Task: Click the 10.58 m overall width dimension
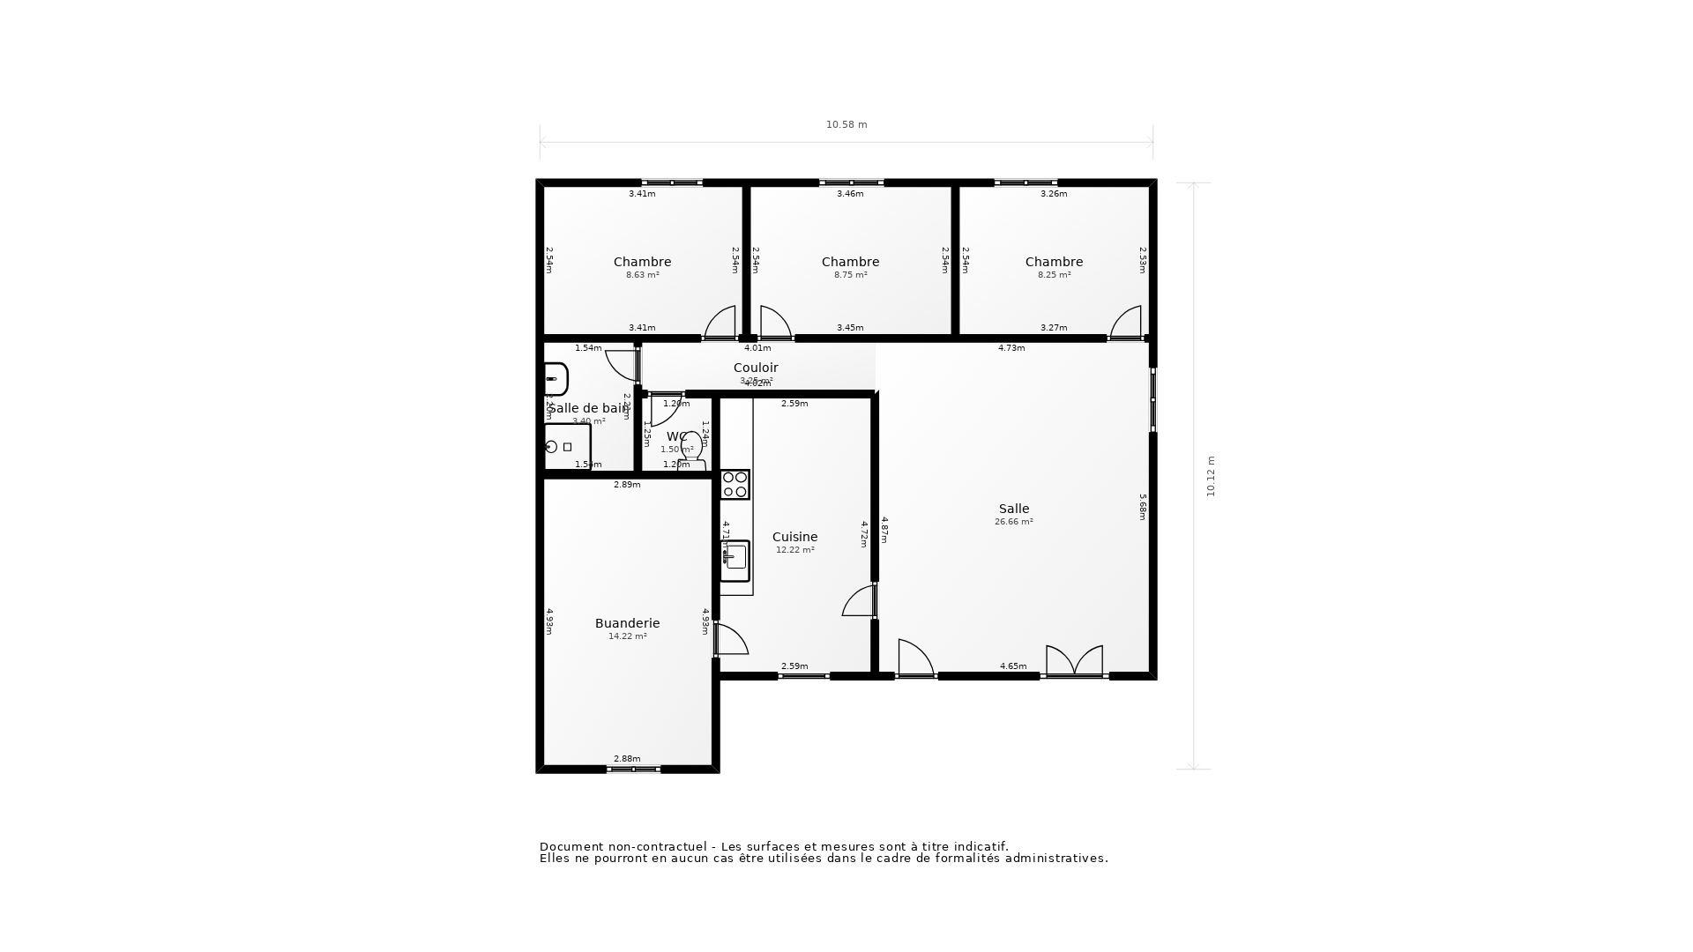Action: click(x=846, y=125)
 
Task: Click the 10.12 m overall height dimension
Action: click(x=1211, y=476)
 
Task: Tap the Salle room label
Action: click(x=1013, y=509)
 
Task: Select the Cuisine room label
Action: click(x=794, y=537)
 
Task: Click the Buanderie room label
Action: click(x=627, y=623)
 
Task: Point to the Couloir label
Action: click(x=756, y=368)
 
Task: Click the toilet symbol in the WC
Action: click(x=691, y=448)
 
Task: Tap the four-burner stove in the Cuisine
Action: click(x=735, y=485)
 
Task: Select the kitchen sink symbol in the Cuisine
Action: click(x=735, y=559)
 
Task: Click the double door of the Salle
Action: click(x=1074, y=661)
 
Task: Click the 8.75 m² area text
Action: click(x=850, y=275)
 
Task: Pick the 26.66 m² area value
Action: click(x=1013, y=522)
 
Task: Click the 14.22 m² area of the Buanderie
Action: click(x=627, y=636)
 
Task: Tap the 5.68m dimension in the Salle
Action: click(x=1142, y=506)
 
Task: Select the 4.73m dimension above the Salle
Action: click(x=1011, y=348)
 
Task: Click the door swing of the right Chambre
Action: click(x=1127, y=324)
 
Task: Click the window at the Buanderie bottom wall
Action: click(x=633, y=770)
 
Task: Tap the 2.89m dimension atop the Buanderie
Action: click(x=627, y=485)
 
